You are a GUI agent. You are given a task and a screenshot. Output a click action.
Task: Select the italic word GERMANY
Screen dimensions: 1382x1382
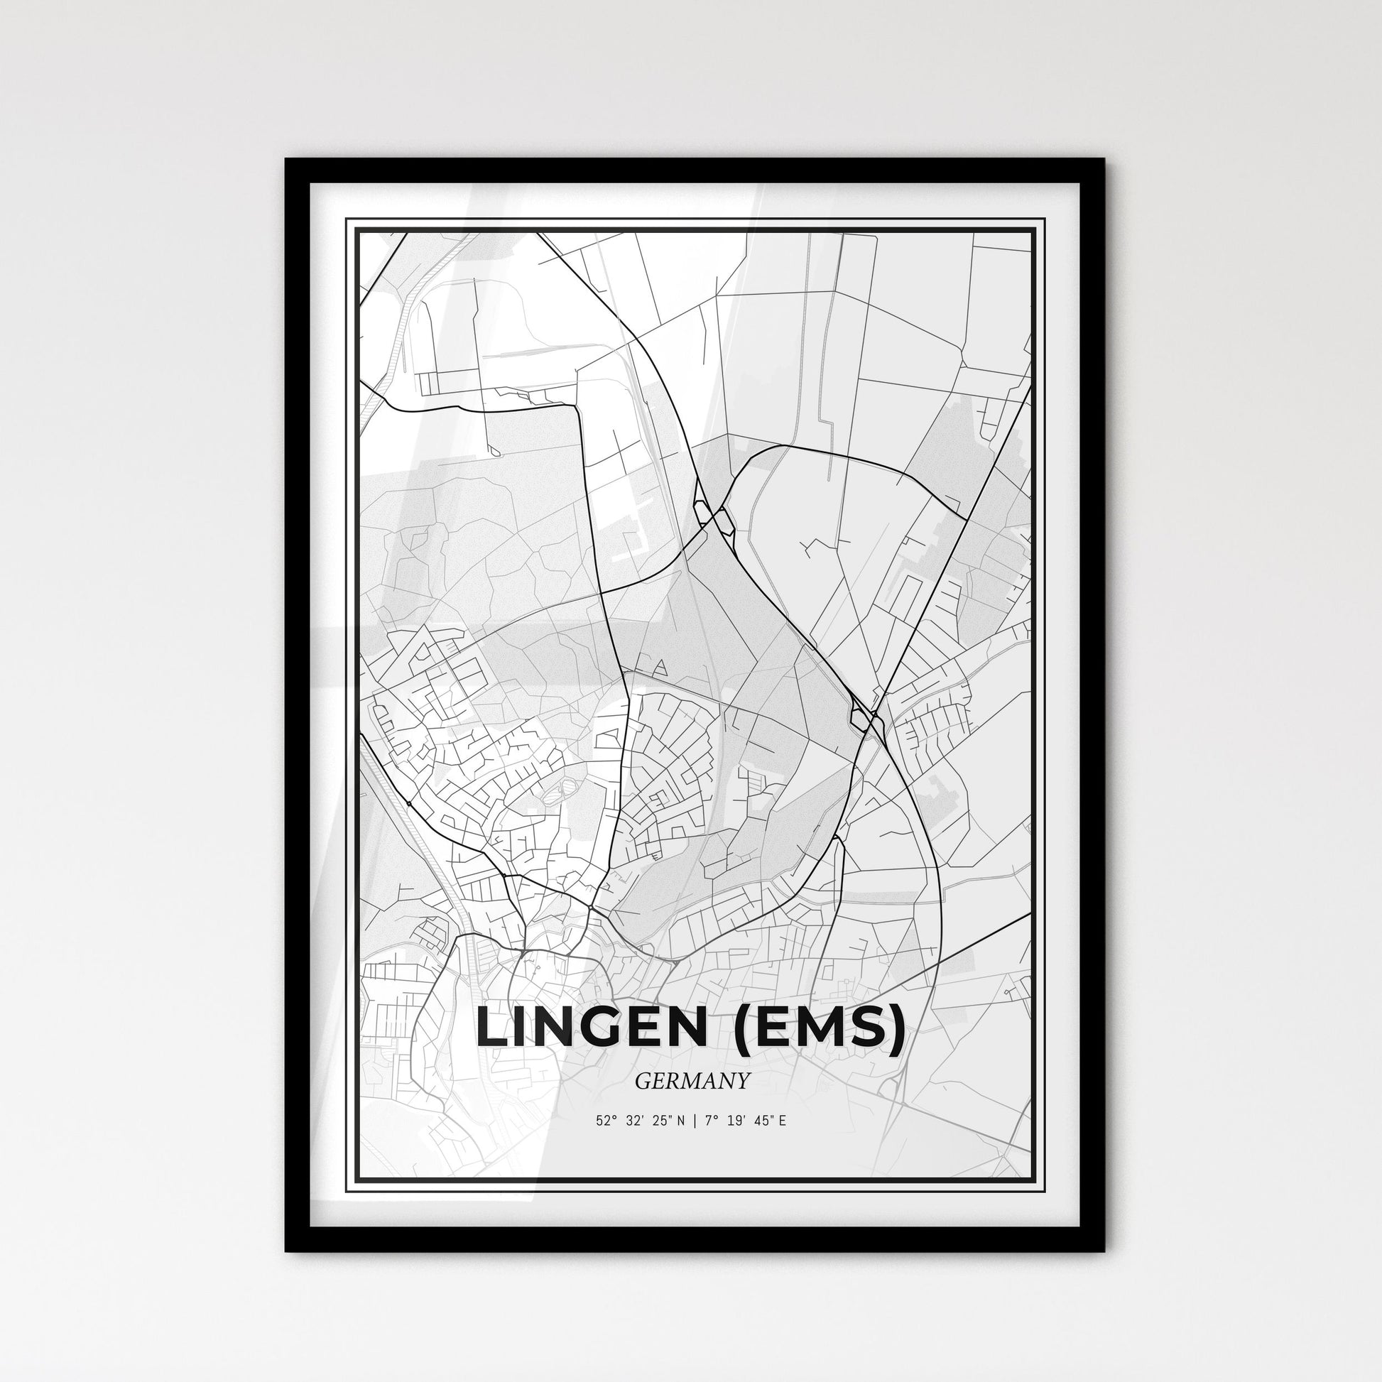[x=692, y=1081]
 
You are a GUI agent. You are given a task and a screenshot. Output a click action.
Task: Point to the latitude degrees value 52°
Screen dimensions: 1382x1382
[x=604, y=1121]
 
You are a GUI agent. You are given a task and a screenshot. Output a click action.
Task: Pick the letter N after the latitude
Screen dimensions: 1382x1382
[x=679, y=1121]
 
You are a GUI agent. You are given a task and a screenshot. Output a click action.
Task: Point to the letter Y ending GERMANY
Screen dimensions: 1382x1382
[x=744, y=1081]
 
